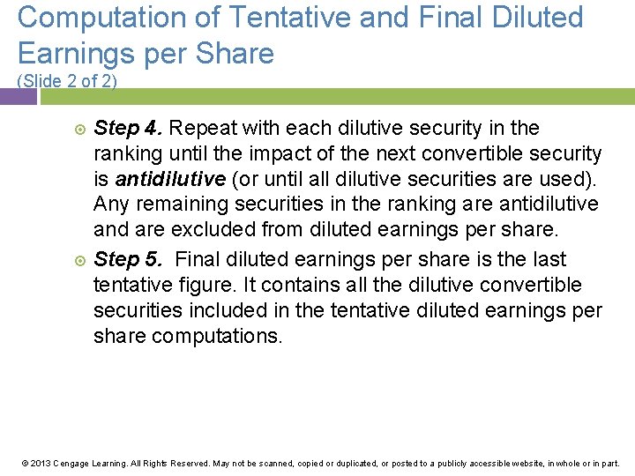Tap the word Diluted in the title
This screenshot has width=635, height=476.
point(537,17)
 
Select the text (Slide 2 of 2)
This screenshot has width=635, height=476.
point(67,81)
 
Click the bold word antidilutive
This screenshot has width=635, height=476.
point(170,180)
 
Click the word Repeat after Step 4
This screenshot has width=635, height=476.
point(201,129)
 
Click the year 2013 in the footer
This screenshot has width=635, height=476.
point(41,463)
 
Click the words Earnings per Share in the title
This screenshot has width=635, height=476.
point(146,54)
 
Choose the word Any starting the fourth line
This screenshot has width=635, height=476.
point(111,205)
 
